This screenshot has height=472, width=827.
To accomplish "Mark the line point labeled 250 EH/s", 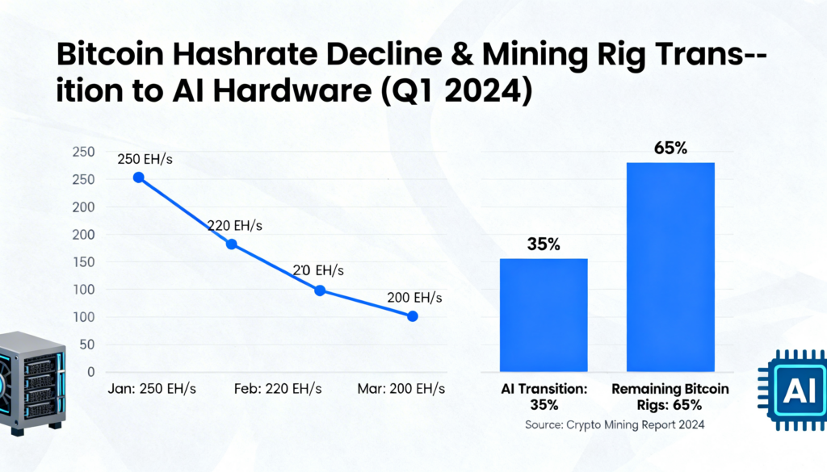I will [139, 177].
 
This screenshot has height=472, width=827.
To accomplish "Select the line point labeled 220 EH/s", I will [232, 244].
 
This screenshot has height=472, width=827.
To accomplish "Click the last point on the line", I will [413, 316].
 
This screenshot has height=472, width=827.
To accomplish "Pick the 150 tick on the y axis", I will [84, 262].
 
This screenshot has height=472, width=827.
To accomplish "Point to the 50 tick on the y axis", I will [87, 345].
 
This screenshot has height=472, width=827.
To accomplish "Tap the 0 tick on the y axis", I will [90, 372].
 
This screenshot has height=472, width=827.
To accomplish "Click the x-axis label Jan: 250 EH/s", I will [153, 389].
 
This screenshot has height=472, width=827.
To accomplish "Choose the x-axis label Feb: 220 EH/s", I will [278, 389].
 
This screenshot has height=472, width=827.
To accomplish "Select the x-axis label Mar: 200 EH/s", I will [401, 389].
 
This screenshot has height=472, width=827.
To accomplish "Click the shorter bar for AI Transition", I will [544, 315].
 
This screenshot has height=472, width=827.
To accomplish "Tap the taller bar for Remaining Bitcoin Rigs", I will [670, 266].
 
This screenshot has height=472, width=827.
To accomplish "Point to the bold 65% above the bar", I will [670, 148].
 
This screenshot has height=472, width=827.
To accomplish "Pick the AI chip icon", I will [794, 391].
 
